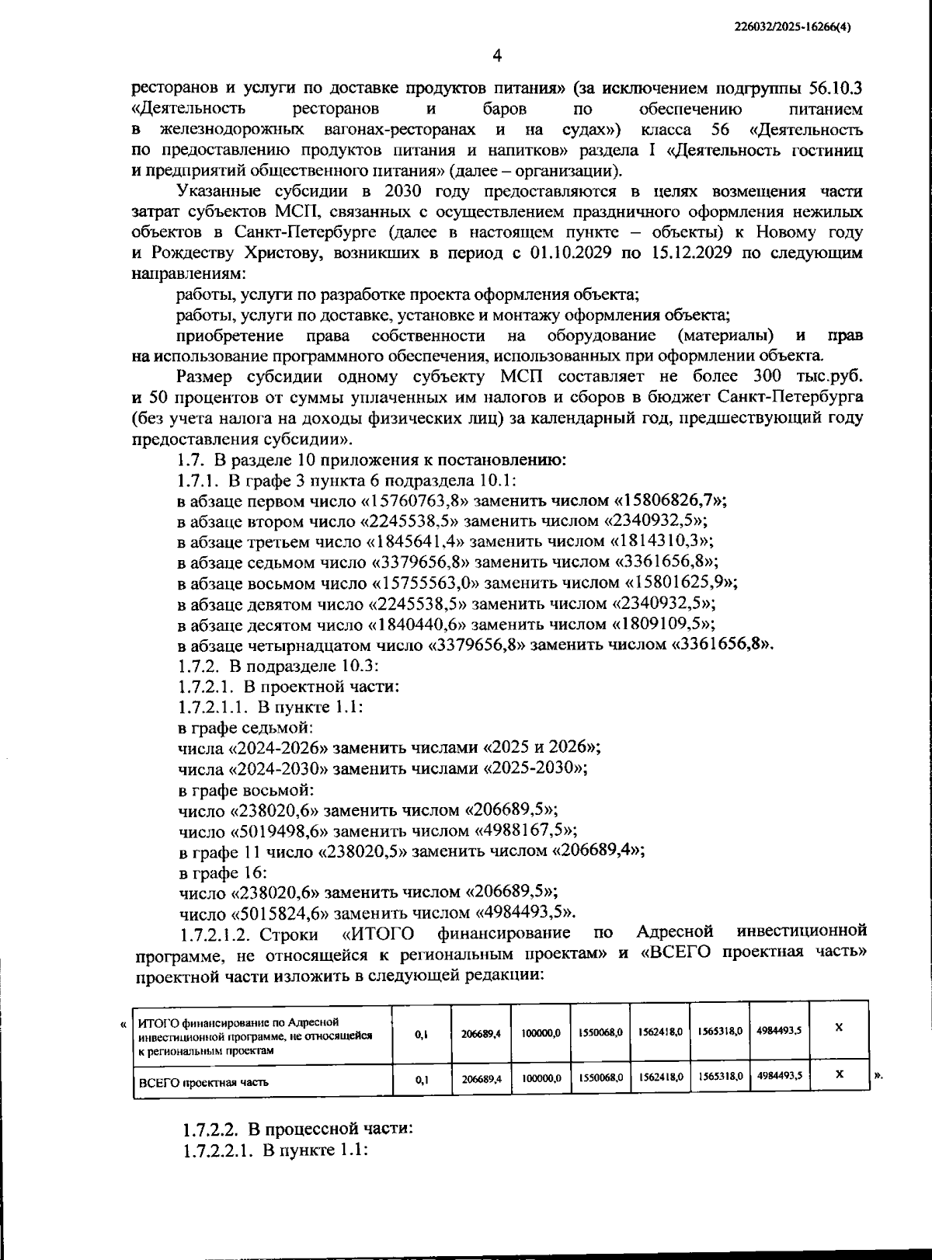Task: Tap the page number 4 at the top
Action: (x=497, y=55)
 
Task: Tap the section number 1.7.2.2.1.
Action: (x=217, y=1150)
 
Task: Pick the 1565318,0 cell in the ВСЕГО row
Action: (x=718, y=1077)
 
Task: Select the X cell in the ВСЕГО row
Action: (x=839, y=1076)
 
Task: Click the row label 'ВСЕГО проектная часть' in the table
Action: (x=203, y=1081)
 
